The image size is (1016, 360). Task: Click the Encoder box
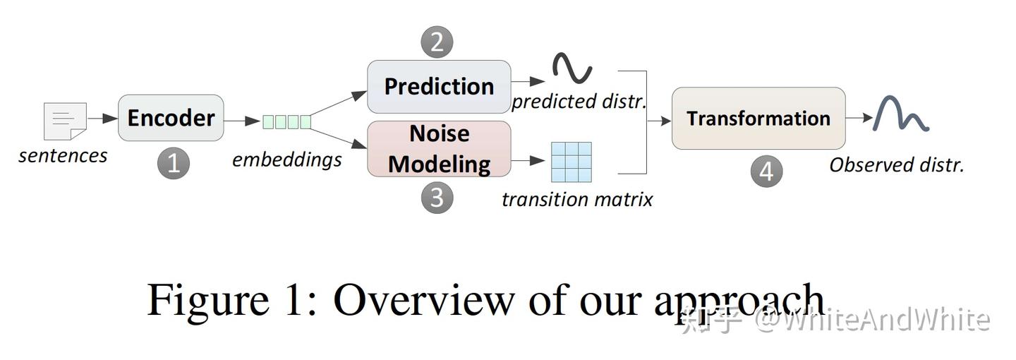(171, 118)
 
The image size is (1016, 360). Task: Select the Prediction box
(439, 87)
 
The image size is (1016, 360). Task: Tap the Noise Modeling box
(439, 149)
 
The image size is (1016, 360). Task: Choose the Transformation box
(758, 119)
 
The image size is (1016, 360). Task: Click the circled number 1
(173, 164)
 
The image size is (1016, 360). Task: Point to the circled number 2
(437, 42)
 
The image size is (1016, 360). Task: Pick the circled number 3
(437, 198)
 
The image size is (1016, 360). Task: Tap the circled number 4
(766, 172)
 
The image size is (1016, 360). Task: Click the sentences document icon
(65, 121)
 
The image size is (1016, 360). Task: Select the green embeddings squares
(286, 121)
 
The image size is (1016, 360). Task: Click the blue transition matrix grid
(571, 162)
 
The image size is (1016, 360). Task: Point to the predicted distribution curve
(572, 68)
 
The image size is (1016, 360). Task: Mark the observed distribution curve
(900, 114)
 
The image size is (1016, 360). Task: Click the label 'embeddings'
(286, 160)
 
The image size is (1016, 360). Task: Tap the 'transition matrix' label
(576, 200)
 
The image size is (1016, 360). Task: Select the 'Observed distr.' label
(896, 165)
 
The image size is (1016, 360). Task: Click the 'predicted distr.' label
(579, 102)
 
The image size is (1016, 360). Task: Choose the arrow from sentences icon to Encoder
(102, 119)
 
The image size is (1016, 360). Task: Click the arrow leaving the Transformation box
(859, 118)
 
